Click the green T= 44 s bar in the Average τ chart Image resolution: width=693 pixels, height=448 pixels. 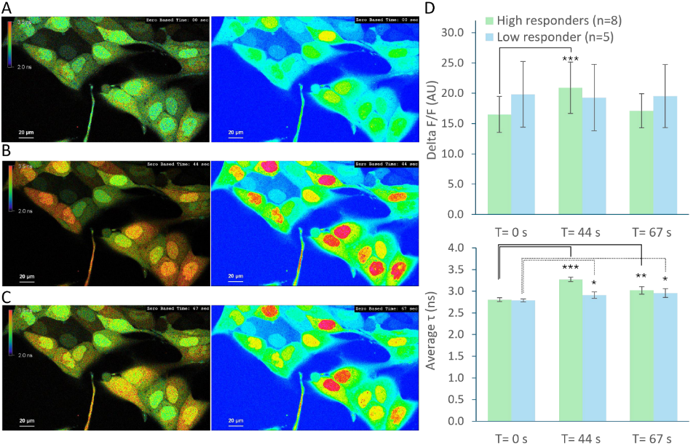coord(571,350)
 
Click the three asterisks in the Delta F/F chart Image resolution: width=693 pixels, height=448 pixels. coord(571,59)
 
